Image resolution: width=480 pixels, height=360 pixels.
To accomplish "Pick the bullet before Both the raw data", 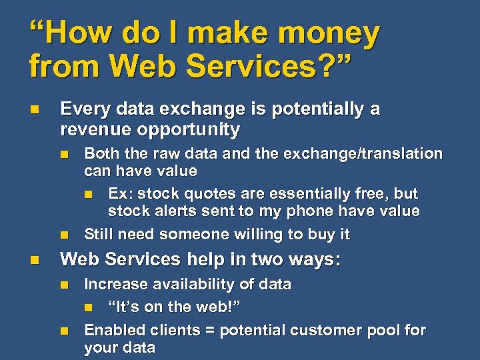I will point(64,154).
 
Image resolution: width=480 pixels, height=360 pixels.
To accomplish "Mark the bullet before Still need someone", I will point(64,235).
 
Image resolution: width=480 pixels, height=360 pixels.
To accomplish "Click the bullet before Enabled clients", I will point(64,331).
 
